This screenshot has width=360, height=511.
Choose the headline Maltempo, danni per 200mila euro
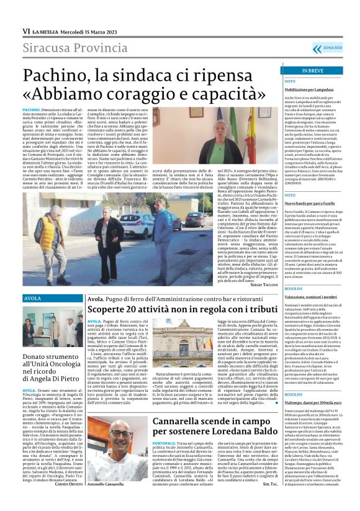pos(297,402)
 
